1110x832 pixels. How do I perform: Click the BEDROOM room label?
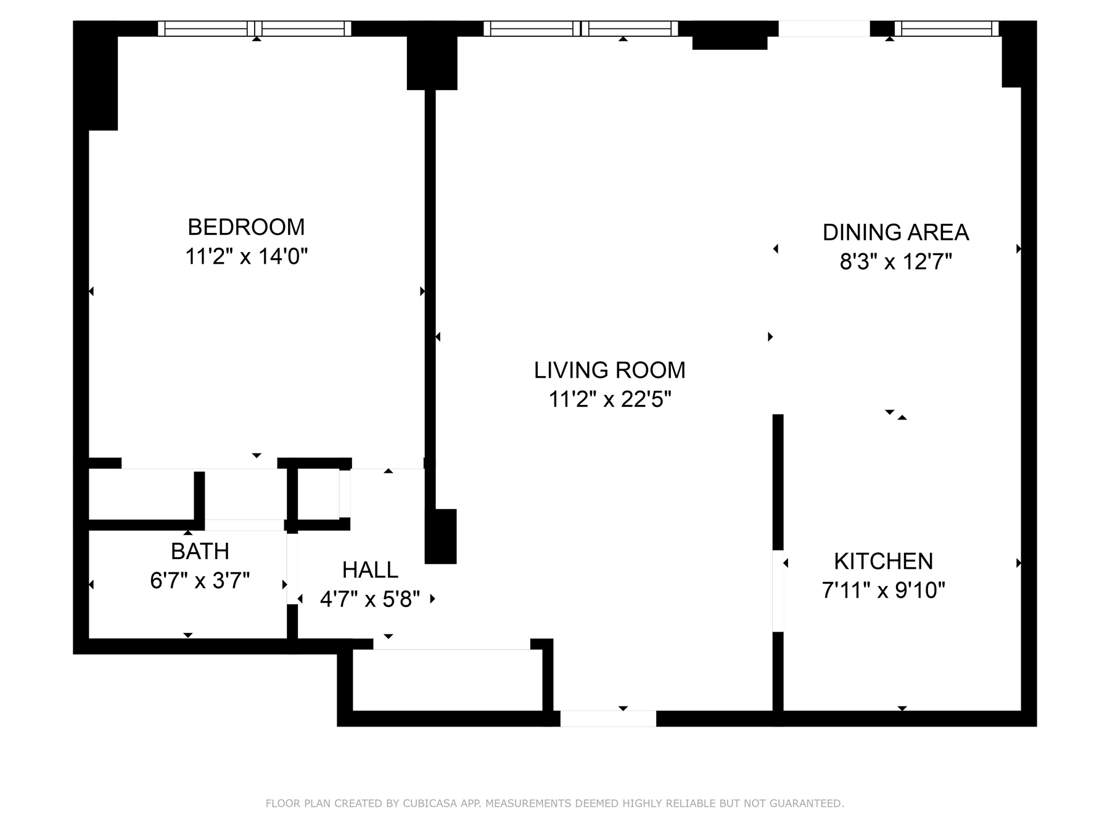click(x=246, y=227)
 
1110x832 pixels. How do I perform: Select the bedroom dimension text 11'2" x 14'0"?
click(x=246, y=256)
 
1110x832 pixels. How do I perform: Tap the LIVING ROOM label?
click(x=609, y=370)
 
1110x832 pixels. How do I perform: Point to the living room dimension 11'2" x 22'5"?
click(x=609, y=400)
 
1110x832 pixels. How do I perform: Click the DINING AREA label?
click(x=895, y=233)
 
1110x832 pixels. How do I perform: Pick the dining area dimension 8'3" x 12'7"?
click(x=895, y=263)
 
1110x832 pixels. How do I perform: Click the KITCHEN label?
click(x=883, y=561)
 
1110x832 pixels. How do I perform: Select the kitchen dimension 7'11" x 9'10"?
click(x=883, y=591)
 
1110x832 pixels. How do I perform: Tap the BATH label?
click(x=200, y=552)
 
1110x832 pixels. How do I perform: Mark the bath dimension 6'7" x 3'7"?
click(x=200, y=581)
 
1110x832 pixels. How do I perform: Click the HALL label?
click(x=370, y=570)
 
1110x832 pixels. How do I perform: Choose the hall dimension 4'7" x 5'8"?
click(x=370, y=599)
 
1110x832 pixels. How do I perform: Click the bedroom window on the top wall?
click(x=254, y=29)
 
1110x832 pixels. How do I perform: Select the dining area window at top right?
click(x=946, y=29)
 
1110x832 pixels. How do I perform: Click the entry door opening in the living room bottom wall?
click(x=607, y=719)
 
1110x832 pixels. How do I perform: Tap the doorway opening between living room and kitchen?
click(x=778, y=590)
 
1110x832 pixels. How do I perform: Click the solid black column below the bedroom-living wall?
click(x=440, y=536)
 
